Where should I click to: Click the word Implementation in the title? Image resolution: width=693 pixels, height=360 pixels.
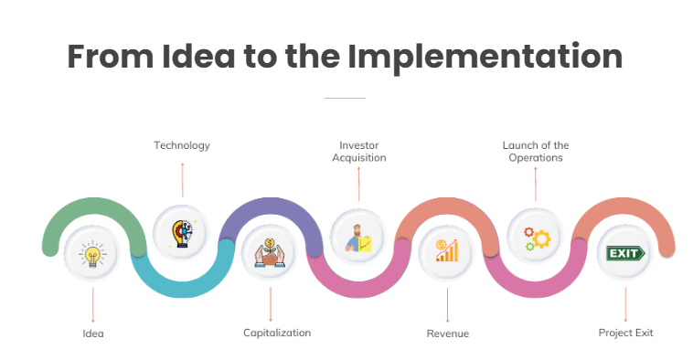pos(485,57)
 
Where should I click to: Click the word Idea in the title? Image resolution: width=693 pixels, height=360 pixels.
pos(198,56)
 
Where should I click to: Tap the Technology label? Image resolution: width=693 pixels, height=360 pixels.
pos(182,146)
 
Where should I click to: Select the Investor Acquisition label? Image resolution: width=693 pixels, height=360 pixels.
pos(359,152)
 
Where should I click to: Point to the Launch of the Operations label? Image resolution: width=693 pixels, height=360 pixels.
pos(536,152)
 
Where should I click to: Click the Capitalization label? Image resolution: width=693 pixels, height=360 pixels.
pos(277,333)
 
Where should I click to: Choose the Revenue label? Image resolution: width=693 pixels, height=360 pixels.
pos(448,334)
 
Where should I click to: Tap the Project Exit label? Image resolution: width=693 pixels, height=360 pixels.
pos(625,333)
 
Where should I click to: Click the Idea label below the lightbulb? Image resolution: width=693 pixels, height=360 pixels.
pos(93,334)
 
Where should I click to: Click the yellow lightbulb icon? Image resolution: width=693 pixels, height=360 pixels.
pos(92,254)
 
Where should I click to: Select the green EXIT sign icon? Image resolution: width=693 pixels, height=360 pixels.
pos(625,253)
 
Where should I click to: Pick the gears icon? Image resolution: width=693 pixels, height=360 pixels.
pos(537,238)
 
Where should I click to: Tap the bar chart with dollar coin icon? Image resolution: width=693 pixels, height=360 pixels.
pos(447,250)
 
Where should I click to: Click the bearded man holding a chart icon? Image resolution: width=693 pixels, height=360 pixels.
pos(358,238)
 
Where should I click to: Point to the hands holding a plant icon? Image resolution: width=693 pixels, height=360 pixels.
pos(269,253)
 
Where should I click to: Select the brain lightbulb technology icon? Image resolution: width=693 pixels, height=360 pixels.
pos(183,233)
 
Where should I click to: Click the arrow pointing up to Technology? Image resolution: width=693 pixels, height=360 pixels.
pos(182,180)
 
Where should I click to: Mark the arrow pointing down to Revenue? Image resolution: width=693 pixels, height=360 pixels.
pos(447,305)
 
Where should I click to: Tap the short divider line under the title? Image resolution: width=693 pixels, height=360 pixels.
pos(345,98)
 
